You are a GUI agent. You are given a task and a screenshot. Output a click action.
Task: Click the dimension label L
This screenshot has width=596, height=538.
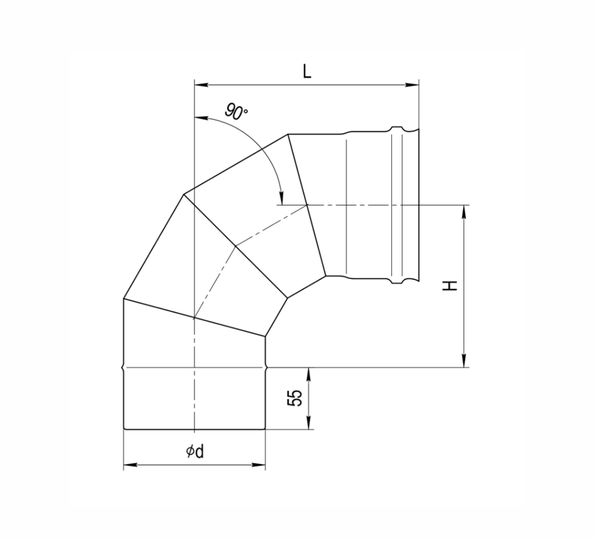click(307, 72)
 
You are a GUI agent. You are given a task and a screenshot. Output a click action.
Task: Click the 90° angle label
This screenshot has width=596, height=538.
click(236, 112)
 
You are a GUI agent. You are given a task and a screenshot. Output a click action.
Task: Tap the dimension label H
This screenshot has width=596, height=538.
click(451, 285)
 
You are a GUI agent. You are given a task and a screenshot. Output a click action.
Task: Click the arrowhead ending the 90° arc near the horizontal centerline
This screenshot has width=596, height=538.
click(282, 198)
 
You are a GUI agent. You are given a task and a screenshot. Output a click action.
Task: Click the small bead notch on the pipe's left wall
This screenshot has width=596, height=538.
click(123, 368)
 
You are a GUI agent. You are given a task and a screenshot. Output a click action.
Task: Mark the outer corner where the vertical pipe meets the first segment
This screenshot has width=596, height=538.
click(124, 299)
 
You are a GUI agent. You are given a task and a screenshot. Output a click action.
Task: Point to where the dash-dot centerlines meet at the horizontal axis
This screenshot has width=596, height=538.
click(307, 205)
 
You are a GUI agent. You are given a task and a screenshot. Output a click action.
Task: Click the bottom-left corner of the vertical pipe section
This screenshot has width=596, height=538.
click(124, 428)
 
